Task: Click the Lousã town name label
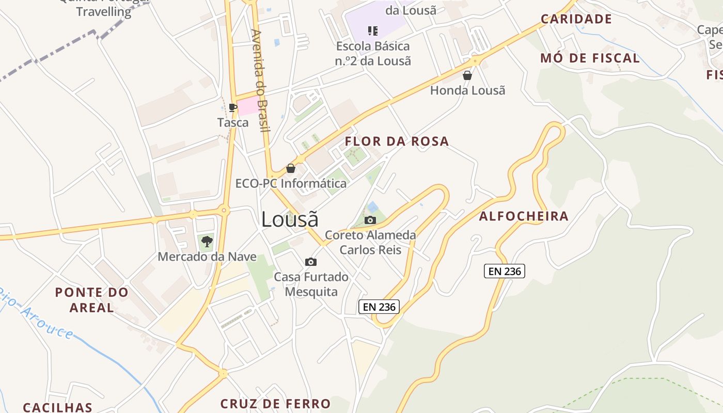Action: (290, 219)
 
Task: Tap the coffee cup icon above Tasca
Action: (233, 107)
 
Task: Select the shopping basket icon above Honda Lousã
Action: (467, 75)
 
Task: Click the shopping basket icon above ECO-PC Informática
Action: (291, 168)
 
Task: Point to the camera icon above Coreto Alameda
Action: (370, 220)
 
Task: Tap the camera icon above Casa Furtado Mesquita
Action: (311, 262)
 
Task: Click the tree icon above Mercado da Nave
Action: (207, 241)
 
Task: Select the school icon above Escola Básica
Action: (373, 31)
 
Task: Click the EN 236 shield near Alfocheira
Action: (504, 271)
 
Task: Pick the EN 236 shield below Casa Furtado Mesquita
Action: (379, 307)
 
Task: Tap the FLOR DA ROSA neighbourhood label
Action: (397, 141)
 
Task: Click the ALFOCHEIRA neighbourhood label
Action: (524, 216)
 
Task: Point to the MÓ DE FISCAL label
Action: (590, 58)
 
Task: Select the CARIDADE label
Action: (576, 20)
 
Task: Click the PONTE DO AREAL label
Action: (92, 300)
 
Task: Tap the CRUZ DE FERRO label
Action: (275, 404)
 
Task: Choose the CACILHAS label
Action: (58, 407)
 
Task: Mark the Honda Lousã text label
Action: (468, 90)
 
